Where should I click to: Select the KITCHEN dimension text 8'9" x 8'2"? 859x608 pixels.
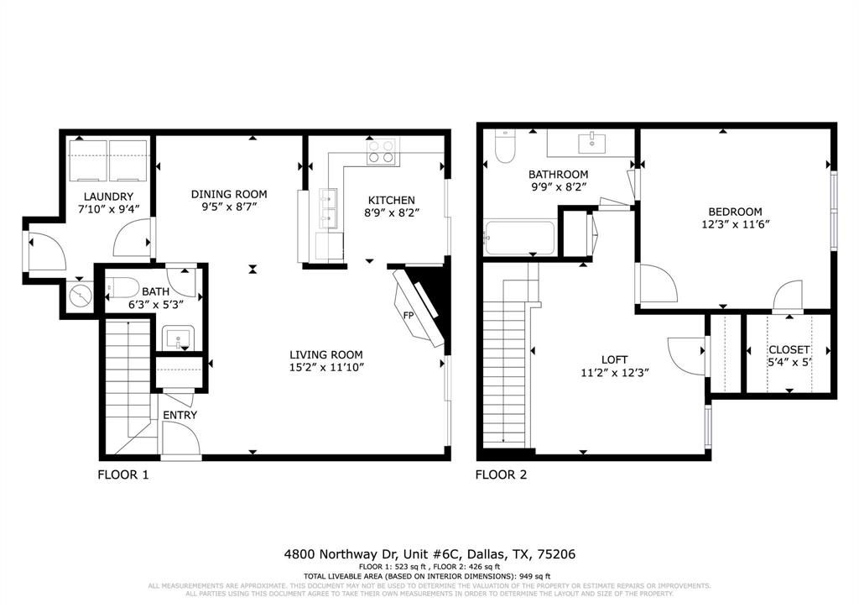pos(393,212)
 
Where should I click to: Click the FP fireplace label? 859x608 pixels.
pos(409,316)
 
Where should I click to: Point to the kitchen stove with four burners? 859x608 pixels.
pos(383,151)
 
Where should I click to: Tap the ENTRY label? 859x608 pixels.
pos(180,415)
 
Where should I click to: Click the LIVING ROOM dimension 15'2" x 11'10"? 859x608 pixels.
pos(326,367)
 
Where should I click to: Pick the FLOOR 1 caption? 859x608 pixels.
pos(123,474)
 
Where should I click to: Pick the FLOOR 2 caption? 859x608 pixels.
pos(501,474)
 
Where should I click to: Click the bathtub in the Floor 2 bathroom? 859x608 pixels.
pos(518,238)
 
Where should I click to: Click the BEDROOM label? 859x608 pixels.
pos(735,212)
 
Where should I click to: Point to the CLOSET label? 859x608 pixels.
pos(789,349)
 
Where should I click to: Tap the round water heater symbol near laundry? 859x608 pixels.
pos(81,296)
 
